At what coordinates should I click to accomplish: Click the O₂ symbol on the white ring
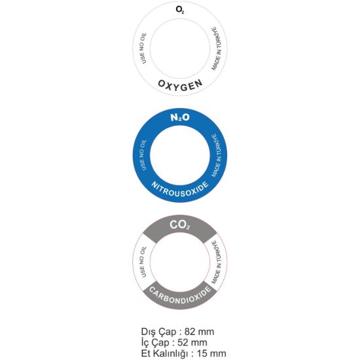(180, 10)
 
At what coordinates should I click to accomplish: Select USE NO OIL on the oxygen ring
(142, 48)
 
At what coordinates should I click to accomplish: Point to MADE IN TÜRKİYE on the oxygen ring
(217, 48)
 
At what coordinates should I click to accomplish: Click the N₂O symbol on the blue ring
(180, 118)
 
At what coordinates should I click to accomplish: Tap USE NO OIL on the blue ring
(142, 155)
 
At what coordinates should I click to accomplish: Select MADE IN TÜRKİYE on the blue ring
(217, 155)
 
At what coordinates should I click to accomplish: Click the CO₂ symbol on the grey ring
(180, 225)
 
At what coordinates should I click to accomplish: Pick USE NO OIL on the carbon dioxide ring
(142, 262)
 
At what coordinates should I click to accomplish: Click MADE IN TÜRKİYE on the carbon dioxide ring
(217, 262)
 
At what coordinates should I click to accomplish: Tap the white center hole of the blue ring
(180, 155)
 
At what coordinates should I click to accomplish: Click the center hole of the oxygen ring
(180, 48)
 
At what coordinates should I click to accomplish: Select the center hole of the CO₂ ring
(180, 262)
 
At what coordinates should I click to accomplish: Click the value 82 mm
(199, 332)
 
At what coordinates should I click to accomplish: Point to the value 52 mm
(192, 342)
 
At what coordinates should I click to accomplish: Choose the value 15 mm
(211, 353)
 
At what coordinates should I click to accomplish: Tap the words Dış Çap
(159, 333)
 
